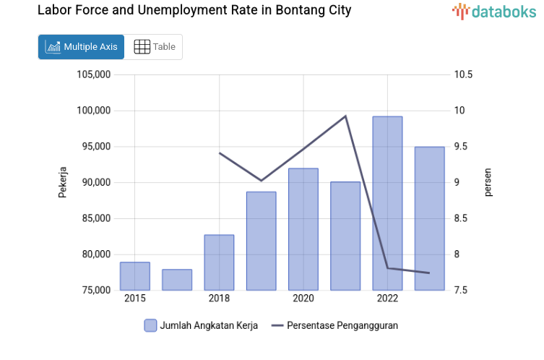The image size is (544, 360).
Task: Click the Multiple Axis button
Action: tap(81, 47)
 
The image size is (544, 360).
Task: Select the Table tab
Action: tap(155, 47)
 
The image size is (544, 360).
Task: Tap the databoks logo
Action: tap(494, 11)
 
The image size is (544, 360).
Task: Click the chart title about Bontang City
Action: tap(194, 11)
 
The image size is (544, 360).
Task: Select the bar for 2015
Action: tap(134, 276)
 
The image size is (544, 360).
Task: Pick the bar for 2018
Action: tap(219, 262)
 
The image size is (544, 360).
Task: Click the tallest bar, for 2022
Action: tap(387, 203)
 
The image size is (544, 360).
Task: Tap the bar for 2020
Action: tap(303, 229)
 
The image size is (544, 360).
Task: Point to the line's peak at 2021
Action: tap(345, 116)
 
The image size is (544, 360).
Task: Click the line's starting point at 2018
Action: tap(220, 153)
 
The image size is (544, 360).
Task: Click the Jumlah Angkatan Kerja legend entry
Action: tap(201, 325)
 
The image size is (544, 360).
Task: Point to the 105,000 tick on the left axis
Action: tap(93, 74)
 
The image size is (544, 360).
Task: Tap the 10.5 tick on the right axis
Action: tap(463, 74)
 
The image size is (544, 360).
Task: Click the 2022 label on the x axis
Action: tap(387, 299)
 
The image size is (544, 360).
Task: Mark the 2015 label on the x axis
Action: tap(134, 299)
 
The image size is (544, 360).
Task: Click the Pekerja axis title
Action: tap(63, 182)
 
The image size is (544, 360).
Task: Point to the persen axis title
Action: tap(488, 182)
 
